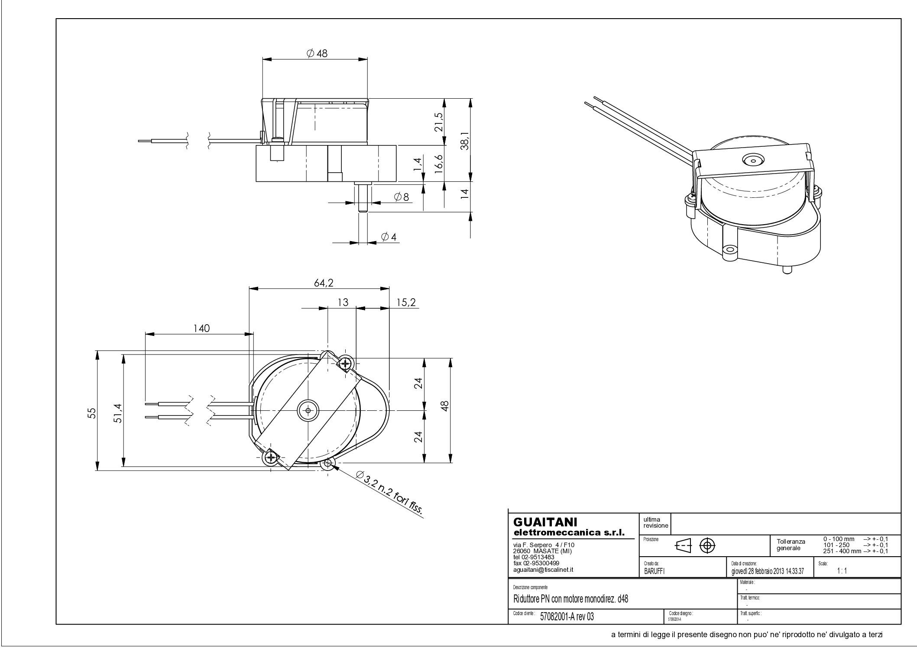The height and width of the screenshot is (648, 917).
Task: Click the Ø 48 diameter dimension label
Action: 317,53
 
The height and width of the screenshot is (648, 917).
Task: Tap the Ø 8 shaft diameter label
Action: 402,197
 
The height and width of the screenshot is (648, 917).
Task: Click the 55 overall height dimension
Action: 91,413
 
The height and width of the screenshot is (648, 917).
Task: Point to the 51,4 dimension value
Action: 118,413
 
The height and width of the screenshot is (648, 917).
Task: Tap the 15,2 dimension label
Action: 406,302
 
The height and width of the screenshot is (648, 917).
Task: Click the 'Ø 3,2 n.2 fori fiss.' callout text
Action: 389,493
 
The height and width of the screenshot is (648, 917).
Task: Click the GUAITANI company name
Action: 545,522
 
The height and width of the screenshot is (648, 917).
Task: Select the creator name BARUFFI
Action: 655,571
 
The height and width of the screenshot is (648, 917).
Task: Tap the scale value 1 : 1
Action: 842,571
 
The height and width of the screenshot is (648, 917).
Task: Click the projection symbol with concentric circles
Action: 707,546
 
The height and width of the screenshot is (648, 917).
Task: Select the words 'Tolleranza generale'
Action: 791,545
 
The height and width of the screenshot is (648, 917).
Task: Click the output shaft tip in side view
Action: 363,210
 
